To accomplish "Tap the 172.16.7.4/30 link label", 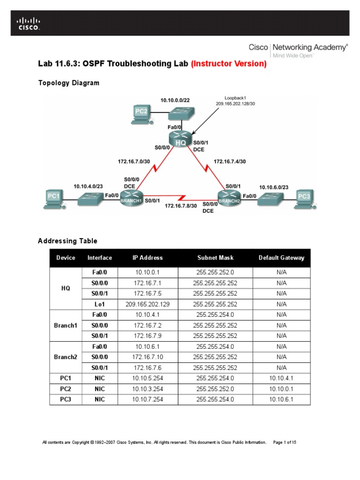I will point(230,161).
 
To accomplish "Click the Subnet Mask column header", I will point(215,258).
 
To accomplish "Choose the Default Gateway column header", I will point(281,258).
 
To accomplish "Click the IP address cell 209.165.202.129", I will point(148,304).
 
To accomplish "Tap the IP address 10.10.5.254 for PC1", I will point(148,378).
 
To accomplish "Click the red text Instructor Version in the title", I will point(229,64).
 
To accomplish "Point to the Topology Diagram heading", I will point(68,83).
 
